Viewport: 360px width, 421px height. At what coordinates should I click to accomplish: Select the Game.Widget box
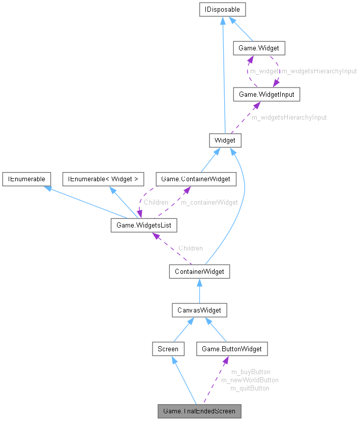tap(259, 48)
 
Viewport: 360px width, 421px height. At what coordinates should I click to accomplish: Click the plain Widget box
tap(225, 140)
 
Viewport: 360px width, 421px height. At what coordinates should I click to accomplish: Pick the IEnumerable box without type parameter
tap(26, 179)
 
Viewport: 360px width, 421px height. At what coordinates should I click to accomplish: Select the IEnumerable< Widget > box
tap(103, 179)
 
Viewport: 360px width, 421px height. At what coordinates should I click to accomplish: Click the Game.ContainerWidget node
tap(196, 179)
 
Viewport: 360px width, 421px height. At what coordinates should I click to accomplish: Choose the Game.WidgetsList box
tap(144, 224)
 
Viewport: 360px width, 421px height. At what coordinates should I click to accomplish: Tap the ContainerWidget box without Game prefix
tap(199, 271)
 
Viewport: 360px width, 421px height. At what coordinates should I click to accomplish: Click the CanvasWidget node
tap(198, 310)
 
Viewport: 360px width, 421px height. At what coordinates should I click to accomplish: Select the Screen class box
tap(168, 349)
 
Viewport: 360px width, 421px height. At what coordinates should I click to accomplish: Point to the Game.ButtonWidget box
tap(232, 349)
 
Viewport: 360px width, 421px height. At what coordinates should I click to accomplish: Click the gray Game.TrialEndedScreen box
tap(199, 411)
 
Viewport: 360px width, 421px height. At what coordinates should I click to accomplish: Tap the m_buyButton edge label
tap(250, 372)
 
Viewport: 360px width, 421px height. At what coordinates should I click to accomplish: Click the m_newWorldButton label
tap(250, 380)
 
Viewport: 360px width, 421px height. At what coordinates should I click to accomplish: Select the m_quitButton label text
tap(250, 388)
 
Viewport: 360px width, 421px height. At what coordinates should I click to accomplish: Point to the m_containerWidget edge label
tap(209, 202)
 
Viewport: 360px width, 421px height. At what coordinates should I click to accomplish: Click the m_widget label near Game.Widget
tap(264, 71)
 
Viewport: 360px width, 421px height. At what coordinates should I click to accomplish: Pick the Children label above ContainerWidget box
tap(190, 248)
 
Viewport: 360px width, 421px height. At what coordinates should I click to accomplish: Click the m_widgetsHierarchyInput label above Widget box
tap(289, 117)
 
